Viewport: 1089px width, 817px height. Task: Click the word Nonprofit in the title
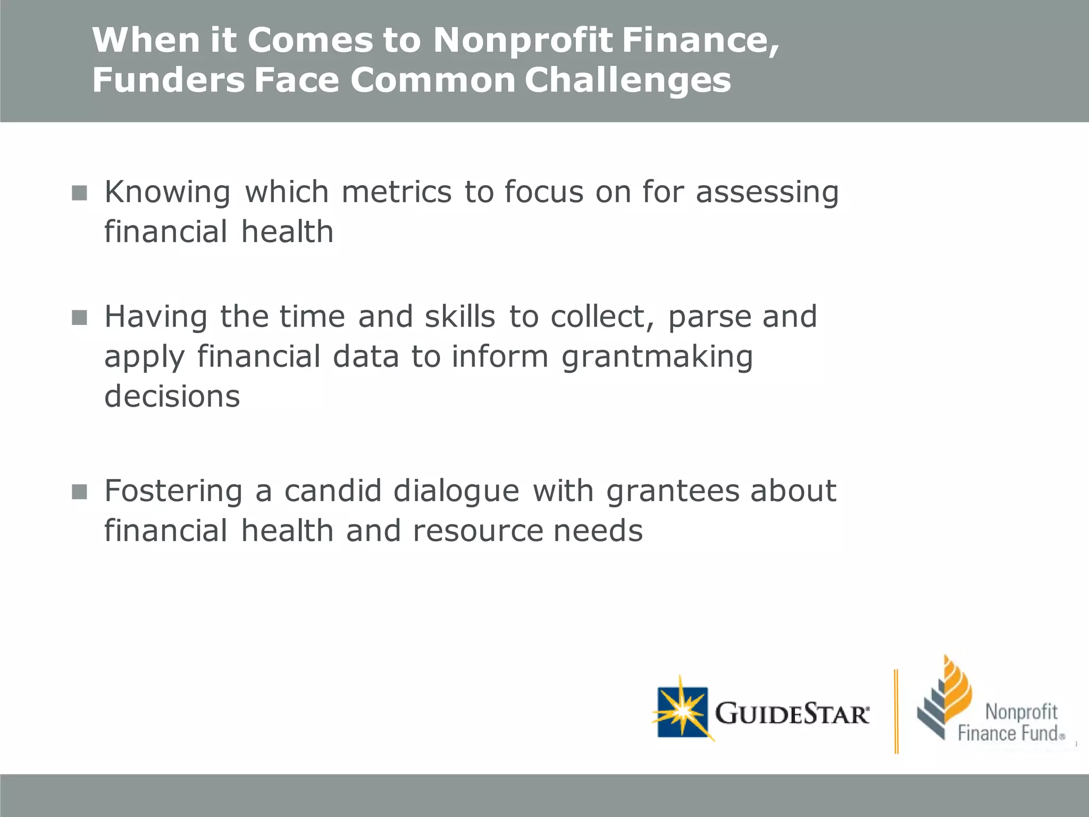(x=523, y=40)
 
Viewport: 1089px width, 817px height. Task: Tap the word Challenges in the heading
(x=627, y=80)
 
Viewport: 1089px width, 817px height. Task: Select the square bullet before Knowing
(x=79, y=193)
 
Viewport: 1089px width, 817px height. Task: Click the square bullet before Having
(x=79, y=318)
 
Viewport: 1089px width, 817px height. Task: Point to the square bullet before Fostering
(x=79, y=491)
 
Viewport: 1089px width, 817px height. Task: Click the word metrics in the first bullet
(x=396, y=192)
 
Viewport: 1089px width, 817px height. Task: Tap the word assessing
(x=767, y=192)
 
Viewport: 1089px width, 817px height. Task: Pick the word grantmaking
(x=657, y=357)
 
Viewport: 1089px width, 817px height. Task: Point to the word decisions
(x=172, y=397)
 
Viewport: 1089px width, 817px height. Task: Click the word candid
(x=332, y=490)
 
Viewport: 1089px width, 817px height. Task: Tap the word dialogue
(x=456, y=491)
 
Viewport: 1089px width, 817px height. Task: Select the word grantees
(x=673, y=490)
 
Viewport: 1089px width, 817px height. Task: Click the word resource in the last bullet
(x=477, y=531)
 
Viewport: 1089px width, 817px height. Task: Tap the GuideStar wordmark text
(x=792, y=714)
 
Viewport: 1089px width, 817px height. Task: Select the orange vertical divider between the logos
(x=896, y=712)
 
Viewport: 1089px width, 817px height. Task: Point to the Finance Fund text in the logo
(x=1008, y=733)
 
